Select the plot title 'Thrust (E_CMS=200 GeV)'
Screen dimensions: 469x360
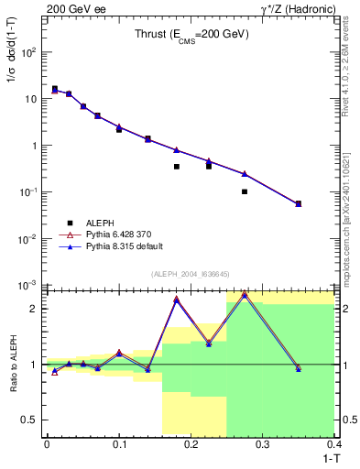(x=188, y=35)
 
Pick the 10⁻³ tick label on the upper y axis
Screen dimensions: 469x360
(x=30, y=285)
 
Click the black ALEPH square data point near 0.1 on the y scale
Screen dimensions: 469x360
(x=245, y=191)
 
